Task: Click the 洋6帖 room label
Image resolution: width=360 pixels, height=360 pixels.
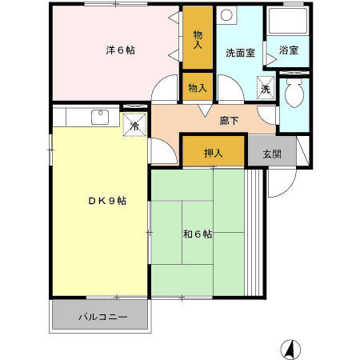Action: (x=120, y=50)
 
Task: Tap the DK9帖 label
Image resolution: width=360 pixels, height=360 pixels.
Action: (x=107, y=201)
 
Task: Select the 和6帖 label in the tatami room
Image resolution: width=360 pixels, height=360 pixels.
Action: (x=197, y=234)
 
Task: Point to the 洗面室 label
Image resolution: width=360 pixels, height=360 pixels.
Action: (x=239, y=54)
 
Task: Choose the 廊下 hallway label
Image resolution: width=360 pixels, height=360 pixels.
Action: (x=230, y=122)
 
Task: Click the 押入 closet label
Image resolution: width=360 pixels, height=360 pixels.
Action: (x=212, y=153)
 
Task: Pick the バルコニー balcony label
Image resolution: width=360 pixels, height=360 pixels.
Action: (x=102, y=317)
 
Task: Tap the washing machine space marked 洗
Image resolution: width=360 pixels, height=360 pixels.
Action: (x=266, y=89)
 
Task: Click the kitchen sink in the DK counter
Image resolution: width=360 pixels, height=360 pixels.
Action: (x=100, y=117)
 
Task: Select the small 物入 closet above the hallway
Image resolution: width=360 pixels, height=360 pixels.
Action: (x=197, y=87)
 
